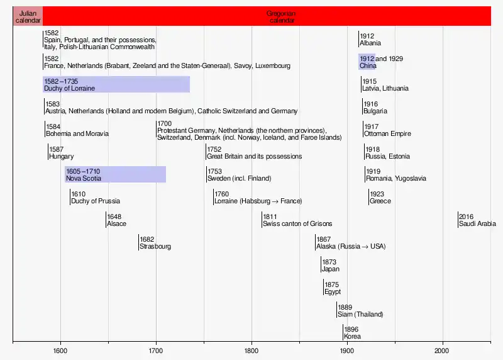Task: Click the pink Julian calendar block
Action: [28, 16]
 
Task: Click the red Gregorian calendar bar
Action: [267, 16]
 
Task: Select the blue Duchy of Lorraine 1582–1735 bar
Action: [116, 85]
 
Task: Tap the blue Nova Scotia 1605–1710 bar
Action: [115, 174]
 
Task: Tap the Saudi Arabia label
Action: [477, 224]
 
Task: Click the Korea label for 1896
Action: [352, 337]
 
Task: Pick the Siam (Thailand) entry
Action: [360, 314]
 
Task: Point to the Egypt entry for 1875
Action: [332, 292]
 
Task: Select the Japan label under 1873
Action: [331, 269]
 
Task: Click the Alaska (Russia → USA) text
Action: [351, 247]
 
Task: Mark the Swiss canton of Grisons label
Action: [297, 224]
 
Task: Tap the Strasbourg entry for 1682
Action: [155, 247]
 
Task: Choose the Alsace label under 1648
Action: [116, 224]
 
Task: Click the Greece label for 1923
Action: [380, 201]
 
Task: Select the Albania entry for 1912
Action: [370, 43]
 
